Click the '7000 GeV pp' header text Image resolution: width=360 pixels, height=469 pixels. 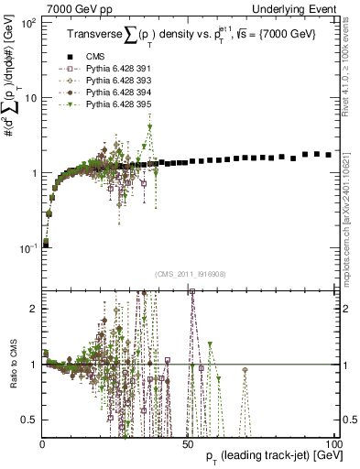pos(78,7)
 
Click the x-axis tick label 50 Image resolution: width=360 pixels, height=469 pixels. pos(188,442)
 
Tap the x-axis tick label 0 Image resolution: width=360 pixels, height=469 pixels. pos(43,442)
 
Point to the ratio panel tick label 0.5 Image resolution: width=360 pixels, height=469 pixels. pos(32,420)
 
